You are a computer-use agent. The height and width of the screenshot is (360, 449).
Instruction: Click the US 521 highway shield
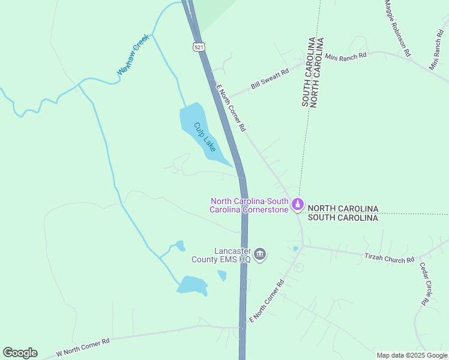pos(198,46)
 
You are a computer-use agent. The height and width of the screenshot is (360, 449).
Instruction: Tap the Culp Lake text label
pos(204,137)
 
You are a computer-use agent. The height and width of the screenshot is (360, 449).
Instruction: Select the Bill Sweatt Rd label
pos(270,79)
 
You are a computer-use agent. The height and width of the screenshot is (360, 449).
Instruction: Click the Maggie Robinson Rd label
pos(397,28)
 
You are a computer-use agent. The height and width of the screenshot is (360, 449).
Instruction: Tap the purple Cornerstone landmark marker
pos(297,205)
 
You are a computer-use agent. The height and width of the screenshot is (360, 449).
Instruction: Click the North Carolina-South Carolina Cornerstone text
pos(249,205)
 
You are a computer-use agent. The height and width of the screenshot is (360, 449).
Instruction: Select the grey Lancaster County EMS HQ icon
pos(260,255)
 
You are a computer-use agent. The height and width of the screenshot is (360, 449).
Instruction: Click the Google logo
pos(20,353)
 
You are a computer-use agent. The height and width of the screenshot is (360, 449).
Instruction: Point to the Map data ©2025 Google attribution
pos(411,355)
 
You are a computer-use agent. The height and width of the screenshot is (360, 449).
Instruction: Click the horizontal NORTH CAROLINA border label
pos(343,208)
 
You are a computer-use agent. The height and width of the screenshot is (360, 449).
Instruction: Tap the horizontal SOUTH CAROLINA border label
pos(343,218)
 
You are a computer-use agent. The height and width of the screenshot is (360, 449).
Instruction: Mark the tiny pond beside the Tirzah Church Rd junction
pos(295,248)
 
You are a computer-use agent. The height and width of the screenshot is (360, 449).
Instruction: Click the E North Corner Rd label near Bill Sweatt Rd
pos(231,108)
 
